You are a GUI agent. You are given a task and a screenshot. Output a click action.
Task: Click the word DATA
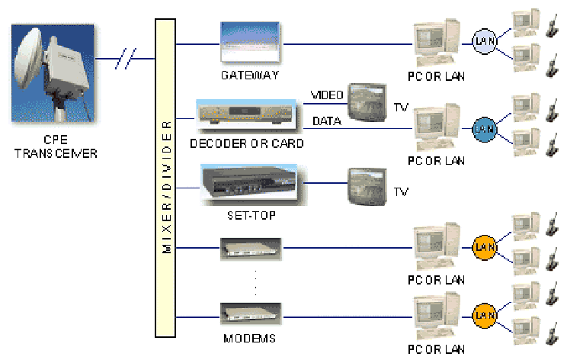click(327, 121)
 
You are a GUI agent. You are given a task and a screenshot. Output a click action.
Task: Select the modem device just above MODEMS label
click(251, 313)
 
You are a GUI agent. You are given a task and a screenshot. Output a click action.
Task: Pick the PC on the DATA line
click(434, 127)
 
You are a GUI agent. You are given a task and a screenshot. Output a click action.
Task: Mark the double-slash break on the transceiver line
click(127, 56)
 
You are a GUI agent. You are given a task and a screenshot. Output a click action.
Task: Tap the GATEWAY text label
click(249, 76)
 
